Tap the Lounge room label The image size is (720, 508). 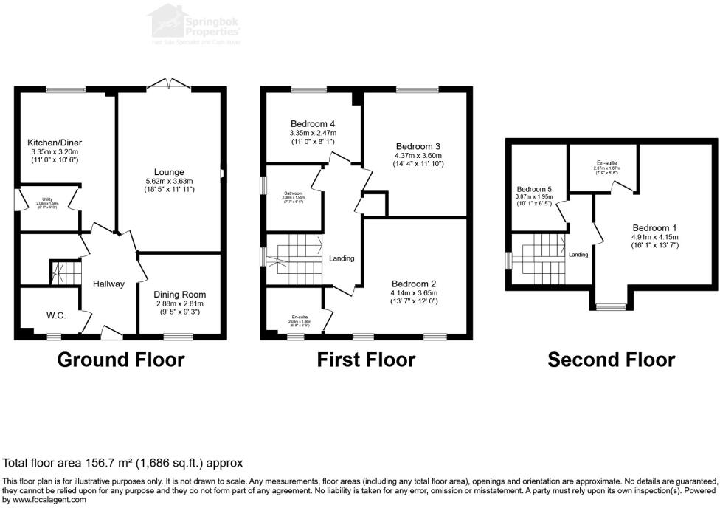(x=169, y=172)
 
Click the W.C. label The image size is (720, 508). (x=56, y=316)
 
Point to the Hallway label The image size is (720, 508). (x=108, y=284)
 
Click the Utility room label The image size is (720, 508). (x=47, y=199)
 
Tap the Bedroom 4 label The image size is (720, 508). (x=312, y=123)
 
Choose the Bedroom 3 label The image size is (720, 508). (x=418, y=145)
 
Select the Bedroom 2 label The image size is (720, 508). (x=415, y=284)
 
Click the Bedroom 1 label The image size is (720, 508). (x=654, y=227)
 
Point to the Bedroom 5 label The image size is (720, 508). (x=535, y=188)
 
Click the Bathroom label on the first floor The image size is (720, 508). (x=293, y=193)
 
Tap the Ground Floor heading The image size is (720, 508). (x=120, y=360)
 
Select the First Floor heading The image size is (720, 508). (x=366, y=360)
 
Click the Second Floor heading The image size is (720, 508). (x=611, y=360)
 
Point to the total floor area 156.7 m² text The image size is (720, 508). (x=123, y=463)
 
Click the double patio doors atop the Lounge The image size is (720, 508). (x=169, y=85)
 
